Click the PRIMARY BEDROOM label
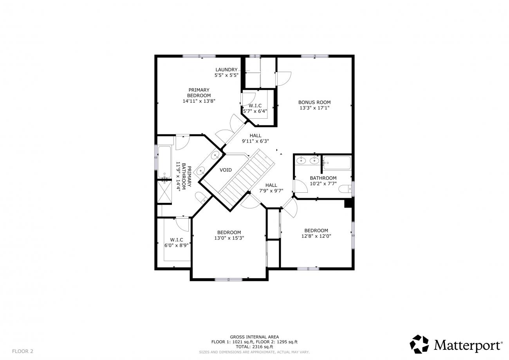tap(199, 93)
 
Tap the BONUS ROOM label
tap(314, 102)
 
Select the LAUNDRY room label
tap(226, 70)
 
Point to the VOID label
tap(226, 170)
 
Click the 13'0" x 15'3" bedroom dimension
tap(229, 238)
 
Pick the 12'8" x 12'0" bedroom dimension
tap(316, 236)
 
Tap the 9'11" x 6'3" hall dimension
tap(255, 141)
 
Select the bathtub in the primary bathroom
tap(164, 162)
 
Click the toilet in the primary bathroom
tap(201, 197)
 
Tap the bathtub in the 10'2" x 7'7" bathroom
tap(337, 163)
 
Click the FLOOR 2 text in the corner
tap(23, 351)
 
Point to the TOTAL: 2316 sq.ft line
tap(254, 347)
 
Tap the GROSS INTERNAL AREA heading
tap(254, 337)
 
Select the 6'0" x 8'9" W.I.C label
tap(177, 242)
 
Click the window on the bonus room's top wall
tap(315, 56)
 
